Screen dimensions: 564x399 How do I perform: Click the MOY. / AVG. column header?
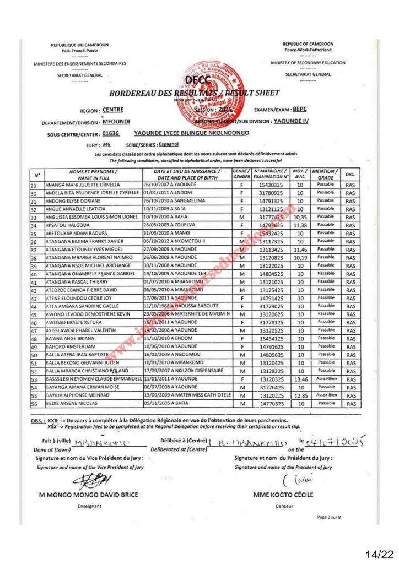point(300,175)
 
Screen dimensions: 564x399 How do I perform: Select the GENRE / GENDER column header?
point(242,175)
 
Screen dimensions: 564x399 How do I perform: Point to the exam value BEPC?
point(315,109)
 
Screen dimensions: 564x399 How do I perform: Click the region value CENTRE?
point(113,110)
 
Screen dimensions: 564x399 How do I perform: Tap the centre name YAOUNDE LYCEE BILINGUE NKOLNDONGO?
point(191,133)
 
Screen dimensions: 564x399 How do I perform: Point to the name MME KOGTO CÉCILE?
point(283,495)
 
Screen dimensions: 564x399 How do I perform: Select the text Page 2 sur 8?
point(329,517)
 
